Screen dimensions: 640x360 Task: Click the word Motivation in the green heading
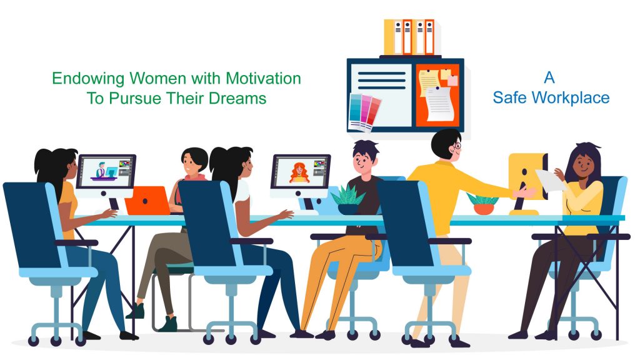263,78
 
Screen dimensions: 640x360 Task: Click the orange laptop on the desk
147,201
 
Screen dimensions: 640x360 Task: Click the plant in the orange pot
483,204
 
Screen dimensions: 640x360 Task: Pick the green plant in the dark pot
347,200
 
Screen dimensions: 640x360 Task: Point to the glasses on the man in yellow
457,146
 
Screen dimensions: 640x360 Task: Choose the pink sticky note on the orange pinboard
452,81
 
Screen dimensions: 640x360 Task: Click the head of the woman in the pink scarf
194,161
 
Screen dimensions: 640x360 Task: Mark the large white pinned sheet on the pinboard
439,104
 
